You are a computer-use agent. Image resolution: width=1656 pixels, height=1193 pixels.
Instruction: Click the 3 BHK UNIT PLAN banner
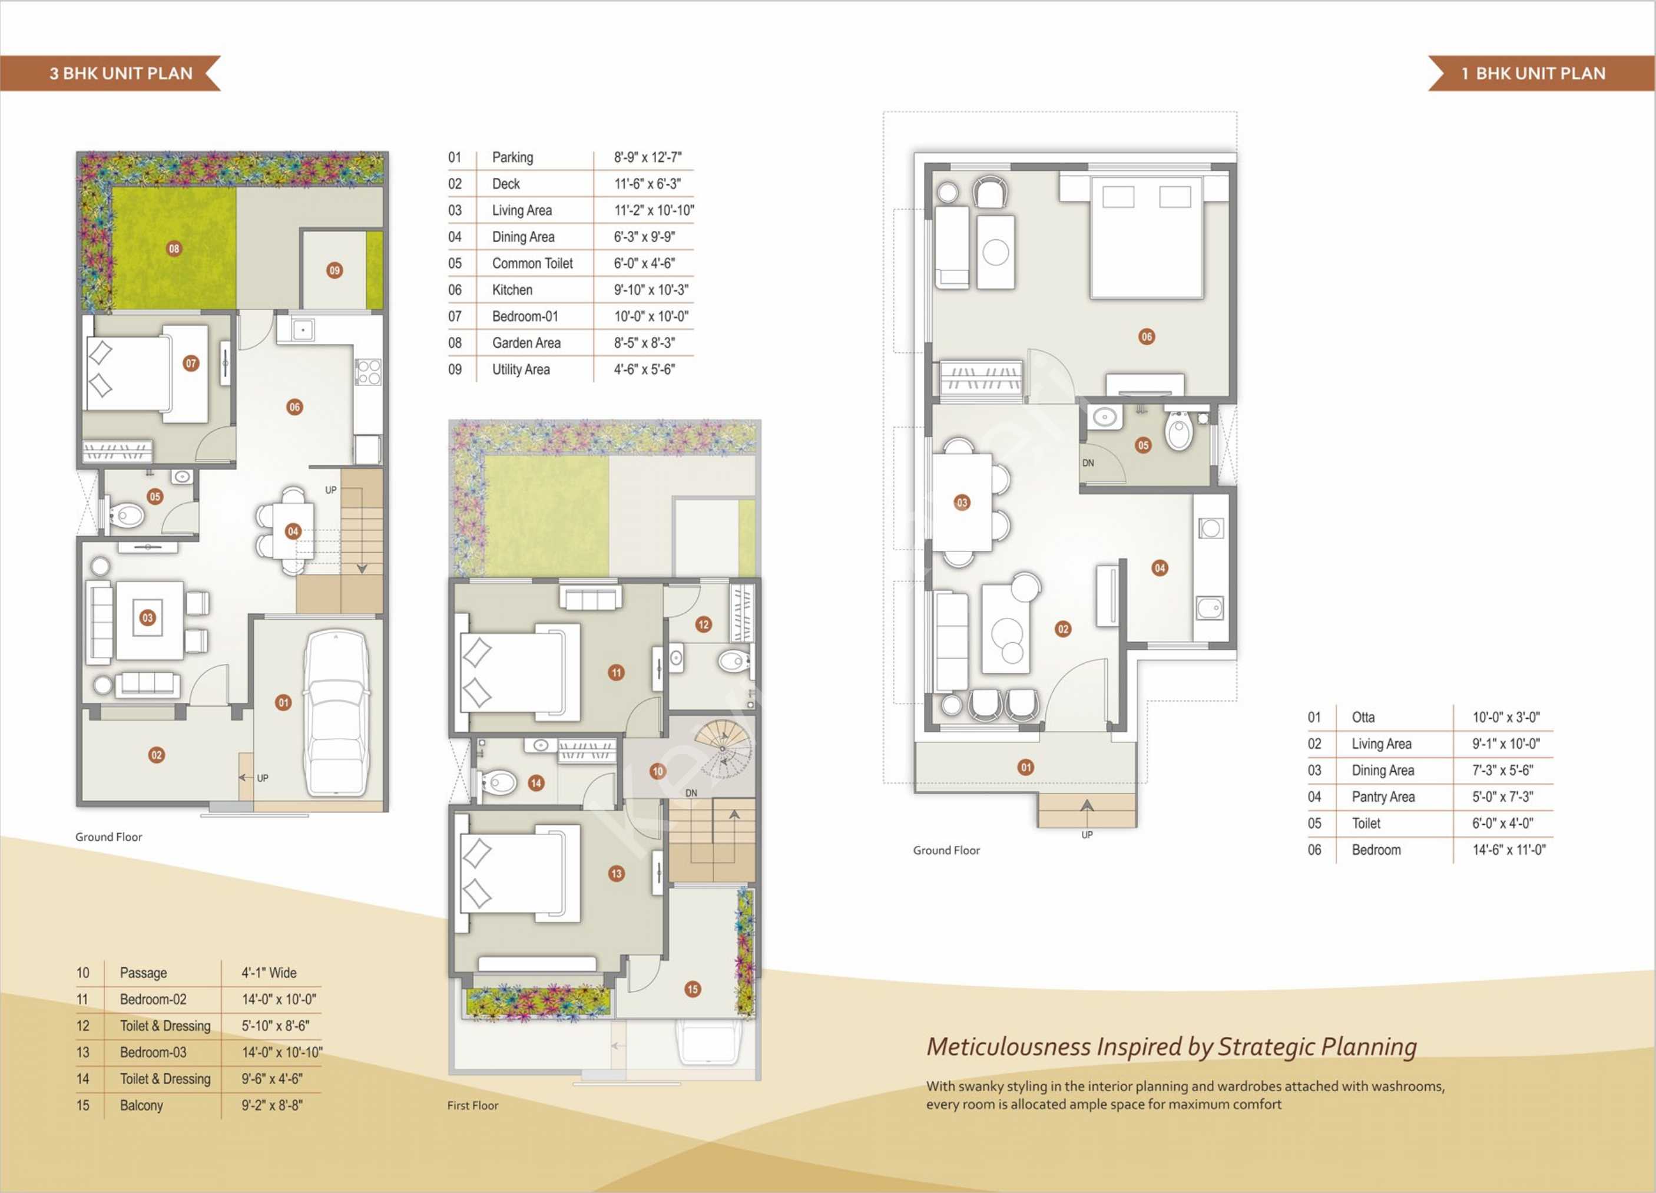pyautogui.click(x=110, y=73)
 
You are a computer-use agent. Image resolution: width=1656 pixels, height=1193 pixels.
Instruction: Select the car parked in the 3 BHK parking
pyautogui.click(x=336, y=713)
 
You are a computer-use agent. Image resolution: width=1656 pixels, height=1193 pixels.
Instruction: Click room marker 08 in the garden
pyautogui.click(x=174, y=249)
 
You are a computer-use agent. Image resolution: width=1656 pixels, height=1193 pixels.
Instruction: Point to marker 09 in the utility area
pyautogui.click(x=334, y=270)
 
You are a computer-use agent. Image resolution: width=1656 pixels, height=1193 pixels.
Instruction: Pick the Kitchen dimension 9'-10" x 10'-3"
pyautogui.click(x=651, y=290)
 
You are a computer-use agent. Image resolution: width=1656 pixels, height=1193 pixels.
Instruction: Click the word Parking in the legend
pyautogui.click(x=512, y=158)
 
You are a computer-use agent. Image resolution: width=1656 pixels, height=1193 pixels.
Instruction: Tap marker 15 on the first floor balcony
pyautogui.click(x=692, y=989)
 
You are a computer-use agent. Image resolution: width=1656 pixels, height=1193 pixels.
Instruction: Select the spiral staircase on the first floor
pyautogui.click(x=722, y=748)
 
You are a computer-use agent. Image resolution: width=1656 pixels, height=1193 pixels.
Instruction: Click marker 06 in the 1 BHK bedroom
pyautogui.click(x=1147, y=337)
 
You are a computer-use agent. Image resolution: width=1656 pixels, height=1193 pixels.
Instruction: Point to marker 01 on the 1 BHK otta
pyautogui.click(x=1026, y=767)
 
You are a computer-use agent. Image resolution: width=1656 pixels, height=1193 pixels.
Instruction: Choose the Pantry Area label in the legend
pyautogui.click(x=1383, y=797)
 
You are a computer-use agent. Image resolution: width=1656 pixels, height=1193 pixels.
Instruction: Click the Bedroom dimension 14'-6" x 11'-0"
pyautogui.click(x=1509, y=850)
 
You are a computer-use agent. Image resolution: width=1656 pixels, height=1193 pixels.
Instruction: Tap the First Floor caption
pyautogui.click(x=473, y=1105)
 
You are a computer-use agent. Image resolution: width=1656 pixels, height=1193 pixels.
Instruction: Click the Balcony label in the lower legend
pyautogui.click(x=142, y=1105)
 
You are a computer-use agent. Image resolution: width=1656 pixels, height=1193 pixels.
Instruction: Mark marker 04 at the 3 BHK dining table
pyautogui.click(x=293, y=531)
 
